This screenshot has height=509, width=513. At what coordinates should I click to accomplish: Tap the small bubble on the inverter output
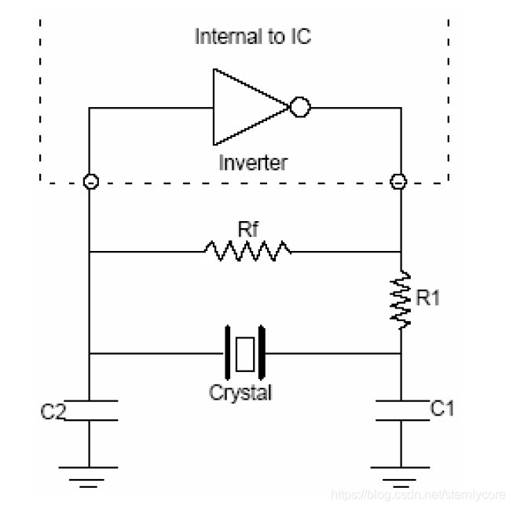click(x=300, y=108)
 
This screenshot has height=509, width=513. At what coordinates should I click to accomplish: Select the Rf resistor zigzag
click(x=247, y=252)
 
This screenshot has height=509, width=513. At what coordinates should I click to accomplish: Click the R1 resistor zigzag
click(x=401, y=300)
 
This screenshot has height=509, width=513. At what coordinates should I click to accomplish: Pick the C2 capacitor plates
click(x=89, y=410)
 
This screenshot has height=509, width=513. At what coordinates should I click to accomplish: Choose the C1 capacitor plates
click(x=401, y=410)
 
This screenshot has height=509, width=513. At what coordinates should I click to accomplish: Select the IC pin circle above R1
click(x=399, y=182)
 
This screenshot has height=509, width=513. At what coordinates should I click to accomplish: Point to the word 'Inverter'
click(x=252, y=163)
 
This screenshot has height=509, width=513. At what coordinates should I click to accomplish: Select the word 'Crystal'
click(x=240, y=392)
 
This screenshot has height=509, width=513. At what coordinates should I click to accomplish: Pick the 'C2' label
click(x=53, y=411)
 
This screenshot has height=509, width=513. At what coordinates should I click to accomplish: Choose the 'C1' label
click(x=442, y=408)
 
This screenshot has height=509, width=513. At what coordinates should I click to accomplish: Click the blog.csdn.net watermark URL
click(x=419, y=495)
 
